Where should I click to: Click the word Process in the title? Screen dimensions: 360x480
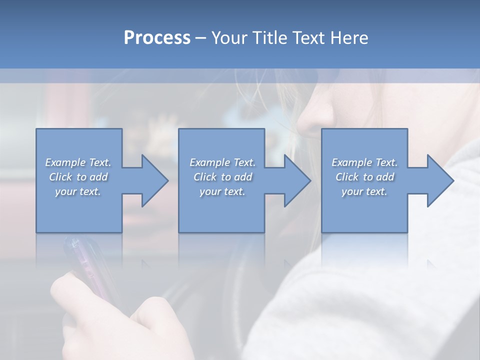[x=157, y=38]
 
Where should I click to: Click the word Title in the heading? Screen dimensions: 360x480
[x=270, y=38]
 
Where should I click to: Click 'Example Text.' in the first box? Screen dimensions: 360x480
[x=78, y=162]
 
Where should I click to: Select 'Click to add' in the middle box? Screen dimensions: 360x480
[x=222, y=177]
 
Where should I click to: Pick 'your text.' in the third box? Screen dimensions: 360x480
[x=364, y=191]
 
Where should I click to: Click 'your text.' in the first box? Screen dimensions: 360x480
[x=78, y=191]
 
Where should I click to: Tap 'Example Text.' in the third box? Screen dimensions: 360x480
[x=364, y=162]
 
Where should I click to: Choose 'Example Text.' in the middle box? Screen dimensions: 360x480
[x=222, y=162]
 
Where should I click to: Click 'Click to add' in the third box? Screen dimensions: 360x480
[x=364, y=177]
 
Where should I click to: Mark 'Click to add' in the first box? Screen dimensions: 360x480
[x=78, y=177]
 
